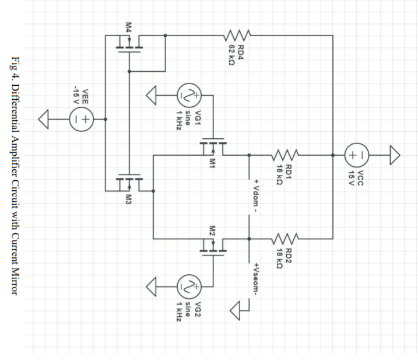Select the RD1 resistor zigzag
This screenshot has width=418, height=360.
point(286,155)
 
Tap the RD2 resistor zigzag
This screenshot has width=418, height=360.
point(286,238)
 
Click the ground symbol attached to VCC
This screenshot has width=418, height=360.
point(395,155)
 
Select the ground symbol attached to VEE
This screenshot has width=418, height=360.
point(45,119)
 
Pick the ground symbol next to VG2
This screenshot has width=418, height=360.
point(153,286)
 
